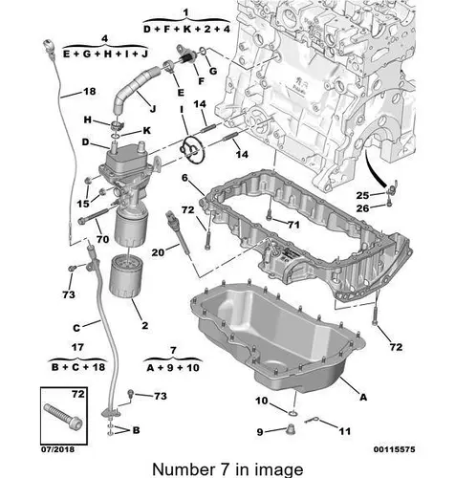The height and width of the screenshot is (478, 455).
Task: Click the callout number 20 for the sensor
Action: (x=159, y=252)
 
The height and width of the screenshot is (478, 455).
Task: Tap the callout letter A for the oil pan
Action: (x=363, y=397)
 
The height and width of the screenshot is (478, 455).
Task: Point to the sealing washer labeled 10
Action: (x=293, y=414)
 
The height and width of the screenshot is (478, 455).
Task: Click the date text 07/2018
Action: (x=57, y=449)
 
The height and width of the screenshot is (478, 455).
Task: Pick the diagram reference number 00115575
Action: (x=395, y=449)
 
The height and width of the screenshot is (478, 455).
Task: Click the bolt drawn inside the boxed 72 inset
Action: (x=62, y=416)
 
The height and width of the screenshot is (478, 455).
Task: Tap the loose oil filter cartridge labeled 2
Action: (x=126, y=277)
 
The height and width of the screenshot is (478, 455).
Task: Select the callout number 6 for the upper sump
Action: (x=185, y=178)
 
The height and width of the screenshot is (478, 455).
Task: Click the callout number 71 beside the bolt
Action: (x=293, y=225)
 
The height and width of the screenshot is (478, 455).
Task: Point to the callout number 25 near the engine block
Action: (x=362, y=195)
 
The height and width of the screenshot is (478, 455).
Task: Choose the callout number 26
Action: (x=362, y=208)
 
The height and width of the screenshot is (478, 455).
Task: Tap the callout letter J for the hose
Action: (x=153, y=109)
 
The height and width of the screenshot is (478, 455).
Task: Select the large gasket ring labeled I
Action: (x=191, y=149)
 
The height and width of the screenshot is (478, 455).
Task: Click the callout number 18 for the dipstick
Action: (x=90, y=92)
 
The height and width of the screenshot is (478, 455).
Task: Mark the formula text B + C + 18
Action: (x=78, y=367)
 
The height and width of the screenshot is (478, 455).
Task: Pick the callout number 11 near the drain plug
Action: (x=344, y=431)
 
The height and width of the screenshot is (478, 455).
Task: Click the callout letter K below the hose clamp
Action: (x=146, y=130)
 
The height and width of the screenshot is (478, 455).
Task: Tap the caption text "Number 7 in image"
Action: (x=227, y=469)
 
